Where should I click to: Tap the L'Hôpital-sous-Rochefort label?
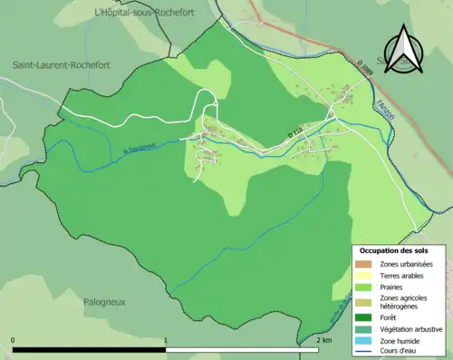click(x=133, y=12)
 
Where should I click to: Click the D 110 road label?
click(x=296, y=134)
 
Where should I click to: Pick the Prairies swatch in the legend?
click(x=363, y=286)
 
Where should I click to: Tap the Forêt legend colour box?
click(x=363, y=316)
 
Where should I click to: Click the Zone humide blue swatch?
click(x=363, y=340)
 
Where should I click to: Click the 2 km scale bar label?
click(x=327, y=339)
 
